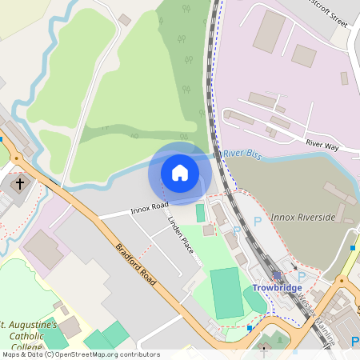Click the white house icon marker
[180, 172]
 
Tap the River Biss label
[242, 152]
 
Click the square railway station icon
[277, 275]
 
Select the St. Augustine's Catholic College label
[29, 337]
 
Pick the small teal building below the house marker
[200, 213]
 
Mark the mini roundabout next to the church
[15, 158]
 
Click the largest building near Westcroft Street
[269, 31]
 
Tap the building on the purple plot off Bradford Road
[43, 250]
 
